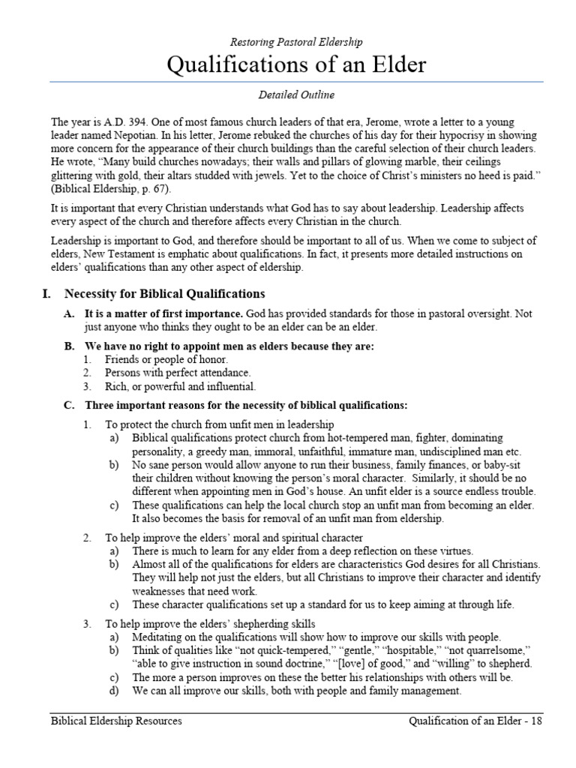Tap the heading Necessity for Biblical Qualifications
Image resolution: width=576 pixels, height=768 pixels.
164,294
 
